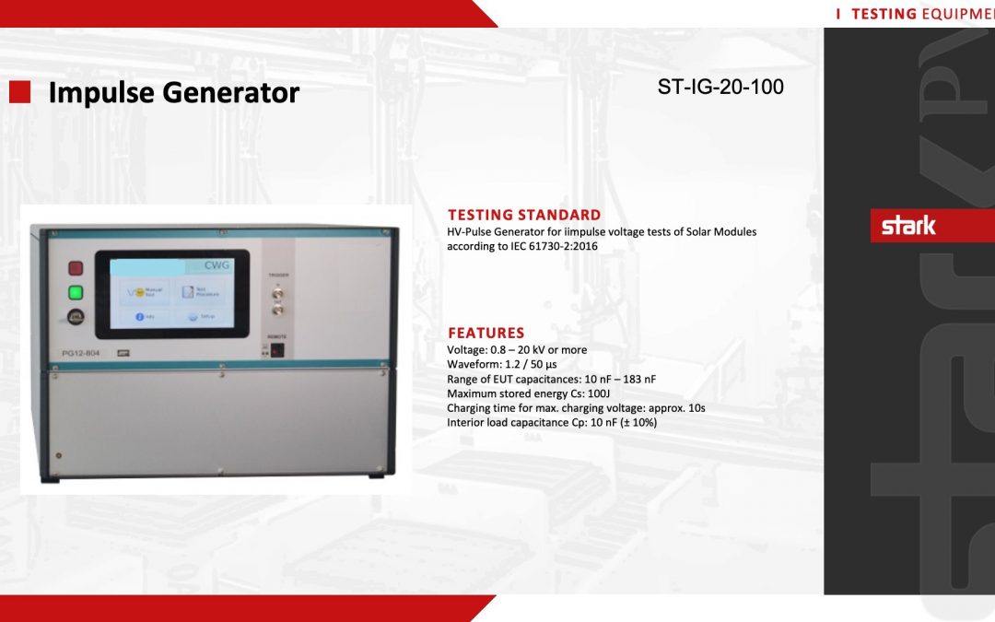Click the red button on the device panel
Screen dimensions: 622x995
coord(76,268)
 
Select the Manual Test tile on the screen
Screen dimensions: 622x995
coord(146,291)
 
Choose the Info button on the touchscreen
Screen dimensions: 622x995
coord(146,316)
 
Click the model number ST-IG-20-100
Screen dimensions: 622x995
coord(720,88)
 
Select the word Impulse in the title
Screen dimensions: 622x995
coord(101,93)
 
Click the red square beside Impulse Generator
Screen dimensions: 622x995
coord(20,91)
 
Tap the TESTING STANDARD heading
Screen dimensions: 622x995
coord(524,216)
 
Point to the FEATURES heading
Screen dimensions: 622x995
coord(486,333)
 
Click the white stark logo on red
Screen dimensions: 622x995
coord(908,226)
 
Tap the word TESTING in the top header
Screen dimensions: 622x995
coord(884,14)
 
